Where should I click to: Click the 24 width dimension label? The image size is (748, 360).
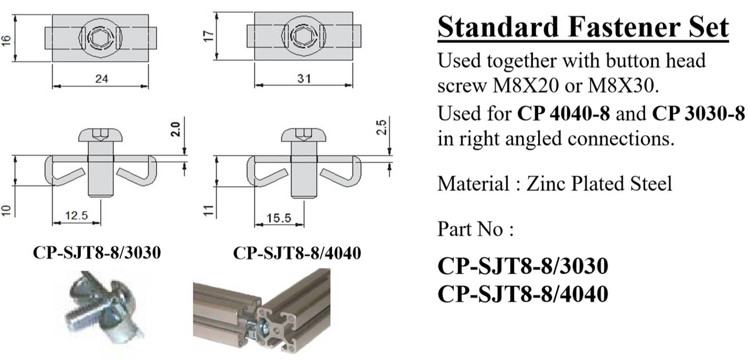click(102, 79)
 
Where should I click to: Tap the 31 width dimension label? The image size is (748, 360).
click(304, 79)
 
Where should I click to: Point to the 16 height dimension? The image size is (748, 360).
click(6, 41)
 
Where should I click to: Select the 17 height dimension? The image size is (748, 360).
click(209, 36)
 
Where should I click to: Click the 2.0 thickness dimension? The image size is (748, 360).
click(176, 130)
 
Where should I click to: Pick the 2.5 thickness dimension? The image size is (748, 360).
click(381, 127)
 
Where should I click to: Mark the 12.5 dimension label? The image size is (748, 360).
click(76, 216)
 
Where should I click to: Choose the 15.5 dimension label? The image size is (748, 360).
click(279, 218)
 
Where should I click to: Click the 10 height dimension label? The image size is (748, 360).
click(6, 210)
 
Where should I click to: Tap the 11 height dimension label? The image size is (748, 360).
click(209, 211)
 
